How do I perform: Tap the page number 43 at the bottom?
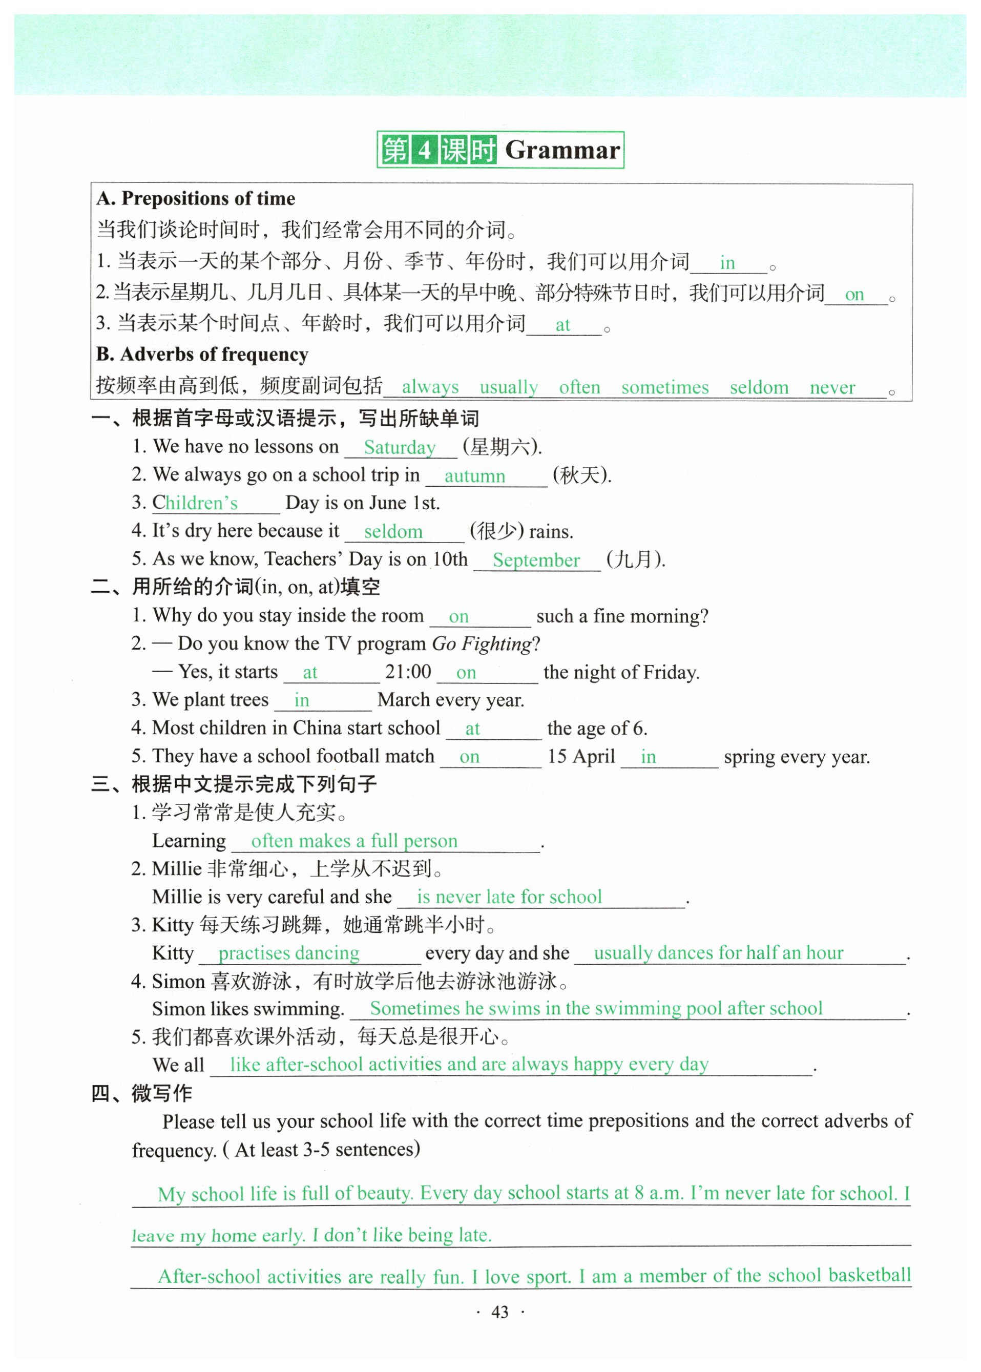point(499,1312)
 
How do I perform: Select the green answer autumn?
point(475,475)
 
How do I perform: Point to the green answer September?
point(536,560)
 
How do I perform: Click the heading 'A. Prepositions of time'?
point(196,198)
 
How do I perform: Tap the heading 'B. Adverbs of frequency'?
point(202,354)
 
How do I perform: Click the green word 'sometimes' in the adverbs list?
point(664,387)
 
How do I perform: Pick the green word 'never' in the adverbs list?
point(832,387)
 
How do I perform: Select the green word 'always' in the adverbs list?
point(430,387)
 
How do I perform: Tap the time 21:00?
point(408,671)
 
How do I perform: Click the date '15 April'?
point(581,756)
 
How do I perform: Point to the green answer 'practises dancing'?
point(289,953)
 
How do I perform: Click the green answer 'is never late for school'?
point(509,897)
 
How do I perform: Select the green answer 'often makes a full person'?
point(354,840)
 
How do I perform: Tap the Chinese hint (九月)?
point(635,559)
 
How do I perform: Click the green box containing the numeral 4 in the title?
point(425,150)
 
